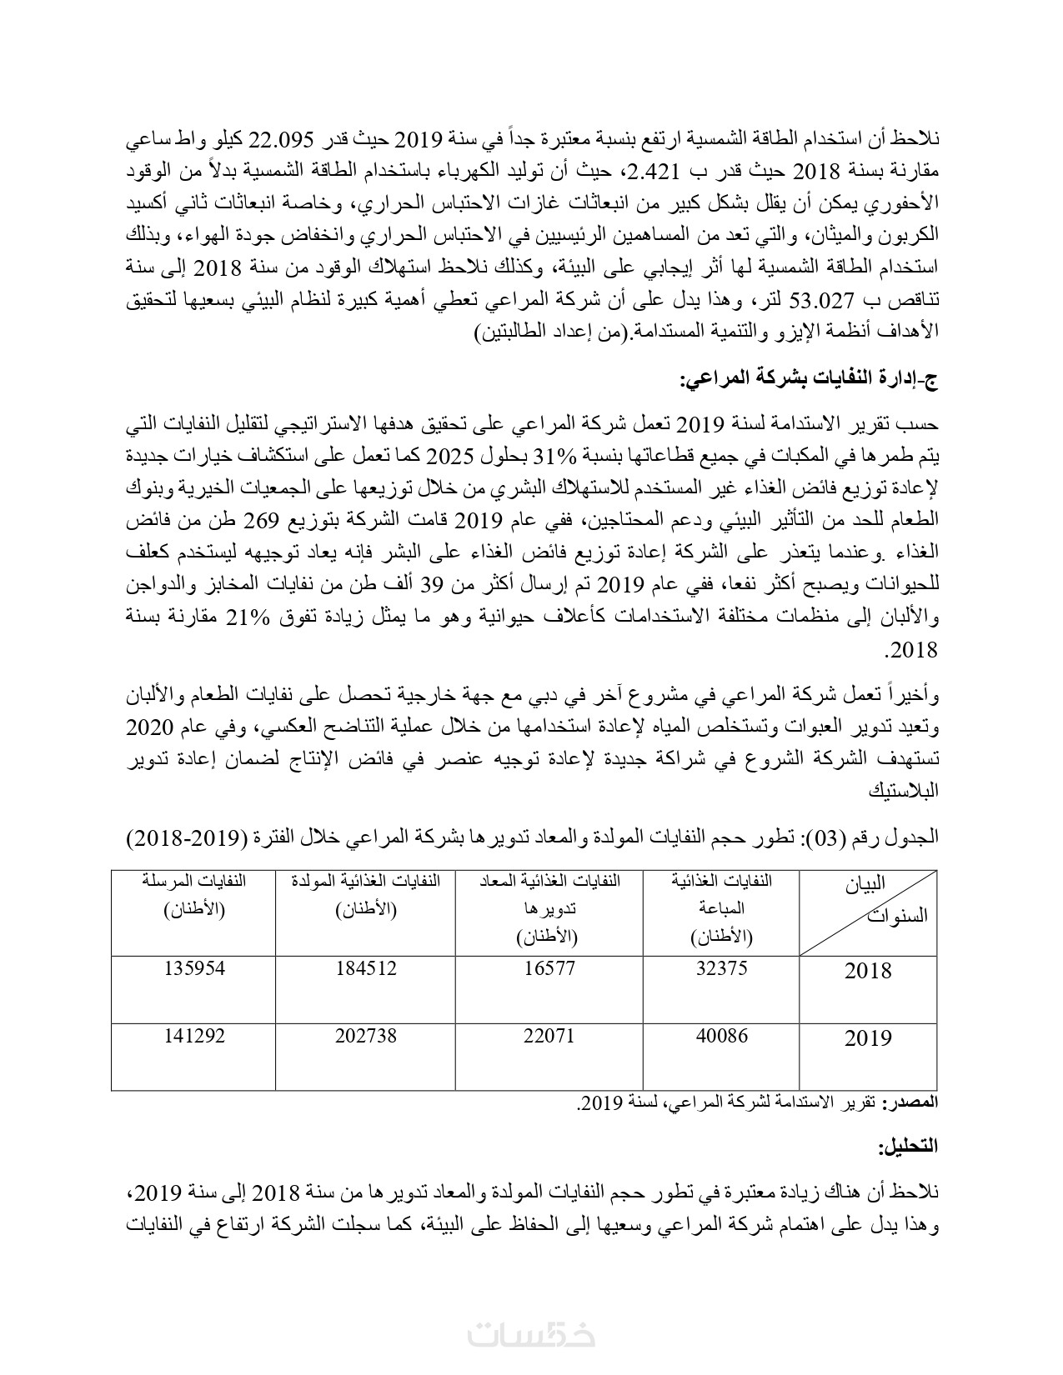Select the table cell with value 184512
coord(366,969)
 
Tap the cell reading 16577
coord(550,969)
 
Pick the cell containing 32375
coord(721,969)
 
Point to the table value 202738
coord(366,1037)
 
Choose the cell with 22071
coord(550,1037)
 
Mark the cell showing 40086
coord(721,1037)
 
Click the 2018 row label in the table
coord(868,971)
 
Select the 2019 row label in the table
coord(868,1038)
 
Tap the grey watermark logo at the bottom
coord(531,1334)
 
